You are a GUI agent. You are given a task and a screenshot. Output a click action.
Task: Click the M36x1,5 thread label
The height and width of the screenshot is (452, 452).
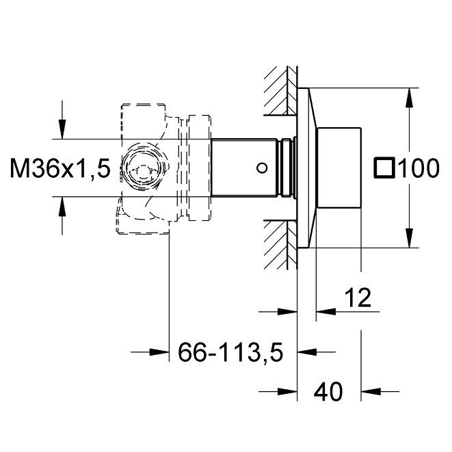click(x=60, y=168)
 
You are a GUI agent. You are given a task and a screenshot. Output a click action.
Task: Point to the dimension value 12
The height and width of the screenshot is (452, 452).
click(x=358, y=297)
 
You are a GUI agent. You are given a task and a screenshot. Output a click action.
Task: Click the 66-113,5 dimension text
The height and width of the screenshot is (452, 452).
click(x=230, y=352)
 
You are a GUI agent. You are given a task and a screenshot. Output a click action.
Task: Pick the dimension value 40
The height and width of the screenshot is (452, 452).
click(x=329, y=392)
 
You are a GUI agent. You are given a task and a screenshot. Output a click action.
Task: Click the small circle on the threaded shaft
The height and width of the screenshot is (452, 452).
click(x=262, y=168)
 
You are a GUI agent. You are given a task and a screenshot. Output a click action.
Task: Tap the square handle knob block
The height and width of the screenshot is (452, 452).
click(x=339, y=168)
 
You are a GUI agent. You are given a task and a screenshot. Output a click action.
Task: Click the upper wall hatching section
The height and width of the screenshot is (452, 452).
click(x=280, y=91)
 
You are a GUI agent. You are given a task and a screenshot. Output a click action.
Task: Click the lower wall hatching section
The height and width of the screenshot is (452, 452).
click(x=280, y=245)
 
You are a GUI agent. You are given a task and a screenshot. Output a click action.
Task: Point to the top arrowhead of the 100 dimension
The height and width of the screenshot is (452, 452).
click(x=410, y=97)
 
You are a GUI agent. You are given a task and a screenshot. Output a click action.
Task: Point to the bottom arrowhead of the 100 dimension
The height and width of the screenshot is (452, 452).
click(x=410, y=238)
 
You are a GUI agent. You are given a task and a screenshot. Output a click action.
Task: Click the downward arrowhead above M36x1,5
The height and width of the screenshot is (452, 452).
click(x=62, y=129)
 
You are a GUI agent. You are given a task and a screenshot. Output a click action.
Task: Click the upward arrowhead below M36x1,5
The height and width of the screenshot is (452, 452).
click(x=62, y=207)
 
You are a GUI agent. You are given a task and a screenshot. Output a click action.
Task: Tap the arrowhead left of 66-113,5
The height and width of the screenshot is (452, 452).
click(x=159, y=352)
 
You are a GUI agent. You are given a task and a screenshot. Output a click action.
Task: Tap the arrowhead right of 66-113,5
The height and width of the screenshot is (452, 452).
click(x=307, y=352)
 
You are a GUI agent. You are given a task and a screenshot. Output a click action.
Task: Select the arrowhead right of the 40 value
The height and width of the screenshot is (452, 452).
click(x=371, y=391)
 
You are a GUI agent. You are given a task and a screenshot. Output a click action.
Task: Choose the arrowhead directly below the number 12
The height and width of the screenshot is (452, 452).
click(x=326, y=312)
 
